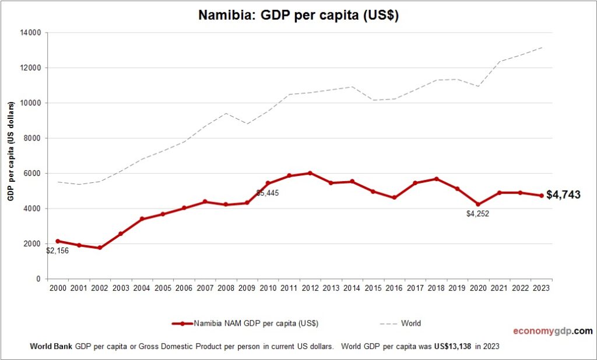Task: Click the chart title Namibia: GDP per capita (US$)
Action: point(298,16)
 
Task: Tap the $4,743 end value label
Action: point(563,195)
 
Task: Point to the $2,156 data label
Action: point(58,251)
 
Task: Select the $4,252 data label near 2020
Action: point(477,214)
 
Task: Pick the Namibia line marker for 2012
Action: point(310,173)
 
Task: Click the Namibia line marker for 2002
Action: point(100,248)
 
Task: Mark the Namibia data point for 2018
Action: point(436,179)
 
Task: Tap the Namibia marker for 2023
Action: point(541,196)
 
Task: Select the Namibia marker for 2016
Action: point(394,197)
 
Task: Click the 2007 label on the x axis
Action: point(204,288)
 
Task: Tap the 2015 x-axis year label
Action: point(373,288)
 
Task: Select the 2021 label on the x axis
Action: point(498,288)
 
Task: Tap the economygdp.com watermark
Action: point(552,331)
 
